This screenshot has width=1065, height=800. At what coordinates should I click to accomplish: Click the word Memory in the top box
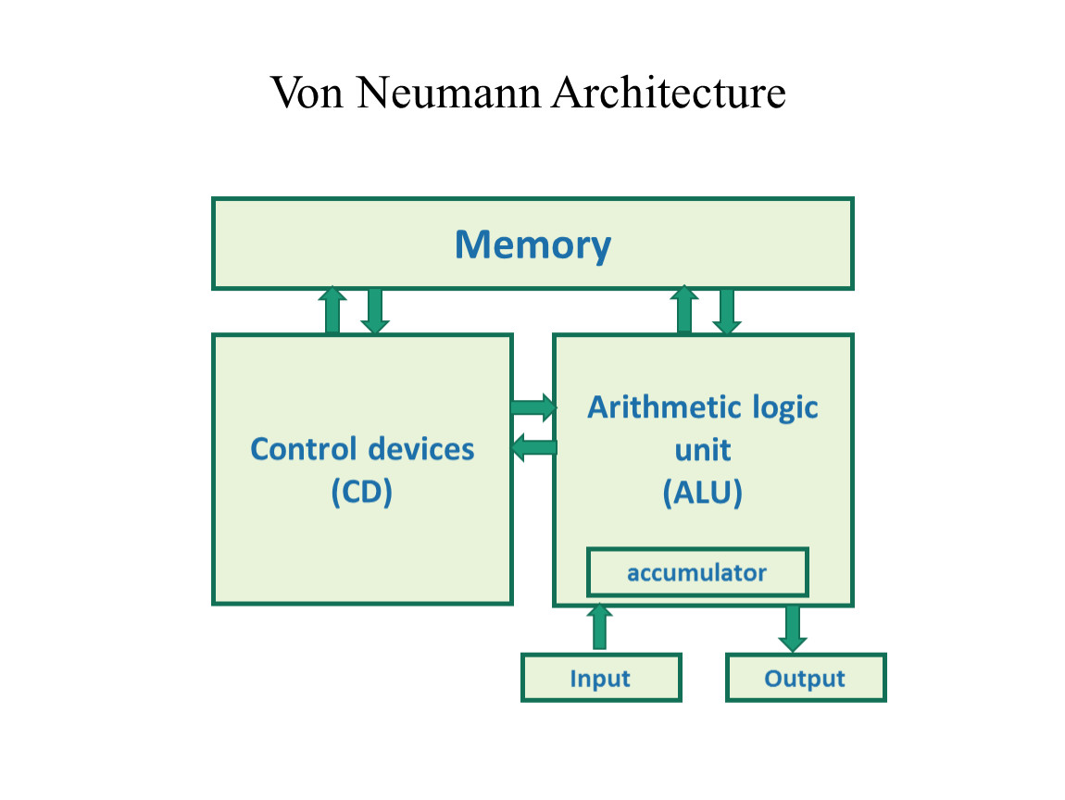532,244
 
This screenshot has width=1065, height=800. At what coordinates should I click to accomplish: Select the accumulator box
696,572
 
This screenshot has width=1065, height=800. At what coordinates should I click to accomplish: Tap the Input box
600,678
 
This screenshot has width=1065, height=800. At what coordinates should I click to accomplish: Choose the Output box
805,678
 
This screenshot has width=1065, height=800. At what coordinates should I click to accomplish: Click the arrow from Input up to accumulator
600,627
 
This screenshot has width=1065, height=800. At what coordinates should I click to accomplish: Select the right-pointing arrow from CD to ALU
533,407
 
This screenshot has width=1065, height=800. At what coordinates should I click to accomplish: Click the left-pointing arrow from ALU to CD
534,448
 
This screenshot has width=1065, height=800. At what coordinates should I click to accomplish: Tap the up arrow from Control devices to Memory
332,310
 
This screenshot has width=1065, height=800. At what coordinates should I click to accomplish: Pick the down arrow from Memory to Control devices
374,311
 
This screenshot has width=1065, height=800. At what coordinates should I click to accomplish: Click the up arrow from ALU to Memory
684,310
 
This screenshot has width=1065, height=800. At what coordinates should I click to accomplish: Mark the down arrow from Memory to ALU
727,311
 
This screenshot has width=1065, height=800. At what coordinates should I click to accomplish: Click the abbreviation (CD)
362,492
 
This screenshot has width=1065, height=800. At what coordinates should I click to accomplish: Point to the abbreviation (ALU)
703,493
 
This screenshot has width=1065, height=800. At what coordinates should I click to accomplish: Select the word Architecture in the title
669,93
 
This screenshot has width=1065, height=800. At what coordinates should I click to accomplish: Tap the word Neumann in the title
451,93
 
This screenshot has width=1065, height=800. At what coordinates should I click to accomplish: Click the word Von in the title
308,93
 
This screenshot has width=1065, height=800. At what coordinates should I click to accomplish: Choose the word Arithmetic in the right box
652,407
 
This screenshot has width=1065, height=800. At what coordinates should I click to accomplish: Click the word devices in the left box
420,449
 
